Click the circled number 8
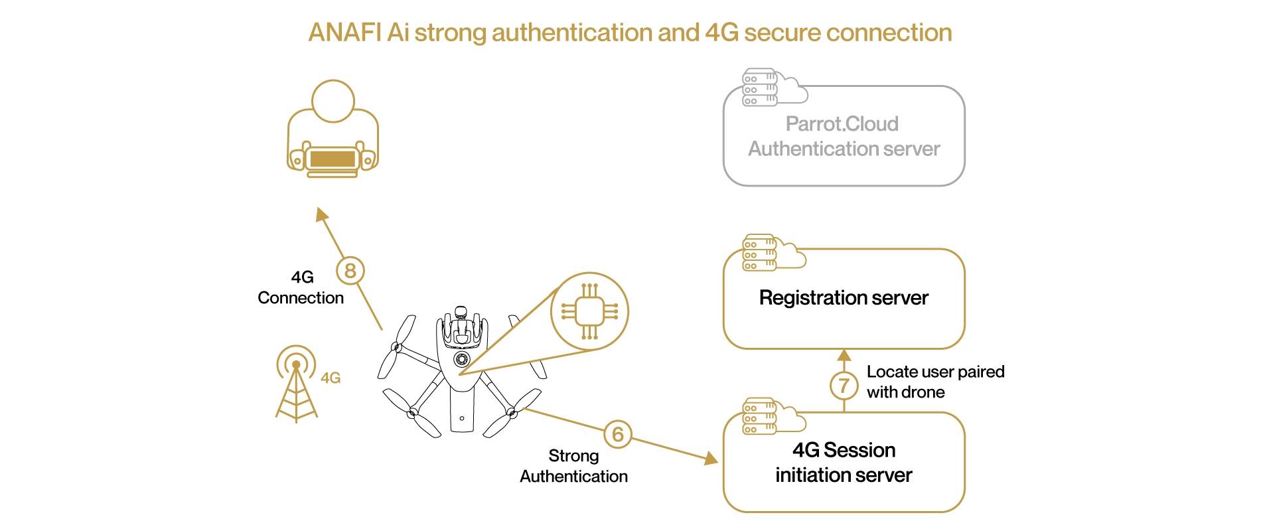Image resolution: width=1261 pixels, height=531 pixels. (350, 271)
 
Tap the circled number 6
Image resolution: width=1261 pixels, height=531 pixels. (618, 434)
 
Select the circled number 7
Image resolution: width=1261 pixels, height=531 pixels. (844, 385)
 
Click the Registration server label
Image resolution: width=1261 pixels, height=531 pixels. (843, 297)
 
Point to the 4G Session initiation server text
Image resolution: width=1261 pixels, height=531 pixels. (843, 463)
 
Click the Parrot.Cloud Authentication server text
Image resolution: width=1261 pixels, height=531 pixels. (843, 136)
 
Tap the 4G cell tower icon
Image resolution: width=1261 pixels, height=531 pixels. (296, 385)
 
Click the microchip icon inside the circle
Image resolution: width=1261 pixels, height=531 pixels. (589, 311)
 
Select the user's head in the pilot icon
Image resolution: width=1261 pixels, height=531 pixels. (333, 101)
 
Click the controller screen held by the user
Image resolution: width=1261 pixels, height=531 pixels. (333, 159)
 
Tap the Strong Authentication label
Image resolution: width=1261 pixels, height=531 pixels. (573, 466)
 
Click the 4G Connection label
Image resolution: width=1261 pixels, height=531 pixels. (301, 287)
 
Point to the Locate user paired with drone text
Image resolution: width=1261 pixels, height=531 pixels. (934, 382)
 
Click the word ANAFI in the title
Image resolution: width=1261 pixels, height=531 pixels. (346, 33)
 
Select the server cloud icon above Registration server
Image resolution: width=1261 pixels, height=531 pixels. (773, 252)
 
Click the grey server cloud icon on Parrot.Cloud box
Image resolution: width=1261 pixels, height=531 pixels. (773, 87)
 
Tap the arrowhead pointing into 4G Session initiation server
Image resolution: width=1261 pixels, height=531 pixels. (711, 458)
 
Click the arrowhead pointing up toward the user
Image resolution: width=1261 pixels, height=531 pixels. (322, 214)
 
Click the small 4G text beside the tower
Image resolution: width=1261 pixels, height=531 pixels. (331, 378)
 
